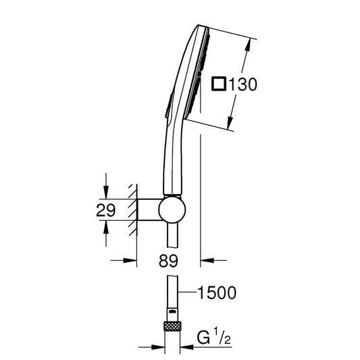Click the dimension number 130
click(x=243, y=84)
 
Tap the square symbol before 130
click(x=219, y=84)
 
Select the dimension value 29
click(x=105, y=210)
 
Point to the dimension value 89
click(x=168, y=261)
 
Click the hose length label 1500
click(x=217, y=292)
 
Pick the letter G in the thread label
click(x=203, y=337)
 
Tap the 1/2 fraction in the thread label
click(x=222, y=336)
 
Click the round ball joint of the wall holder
click(x=172, y=209)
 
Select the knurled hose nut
click(x=172, y=326)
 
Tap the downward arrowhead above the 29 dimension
click(x=106, y=192)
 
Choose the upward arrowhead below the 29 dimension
click(x=106, y=228)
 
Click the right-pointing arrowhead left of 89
click(x=130, y=260)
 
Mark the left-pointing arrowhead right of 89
click(x=207, y=260)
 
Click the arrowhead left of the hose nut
click(x=158, y=347)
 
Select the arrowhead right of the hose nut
click(x=187, y=347)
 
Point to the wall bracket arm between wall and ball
click(x=149, y=209)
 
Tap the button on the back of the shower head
click(x=169, y=106)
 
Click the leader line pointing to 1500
click(x=187, y=292)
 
